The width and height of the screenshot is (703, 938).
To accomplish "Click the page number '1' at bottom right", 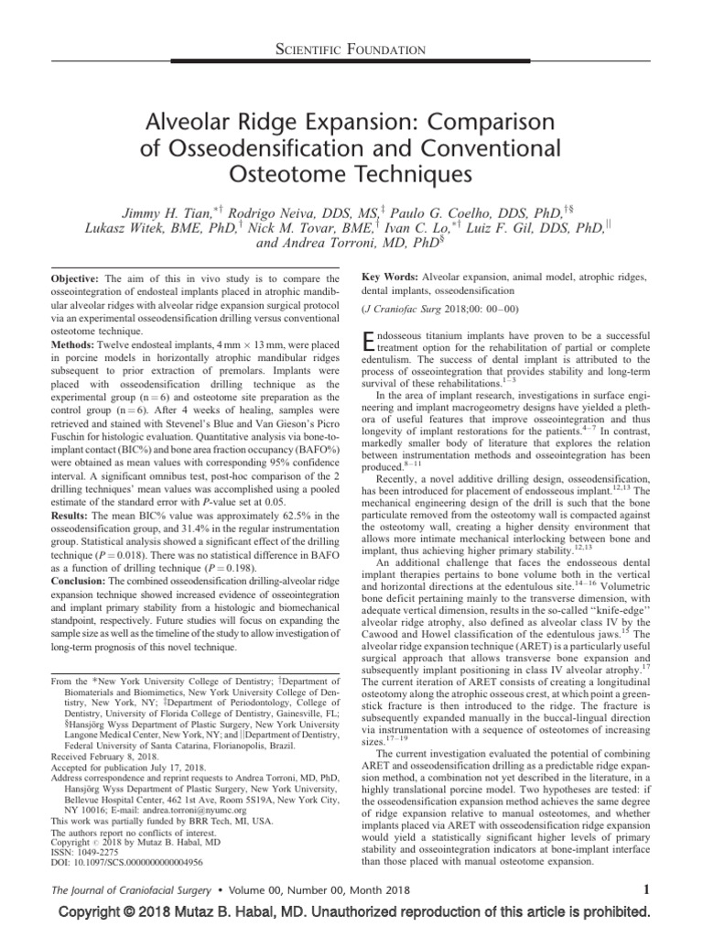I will pyautogui.click(x=646, y=889).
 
